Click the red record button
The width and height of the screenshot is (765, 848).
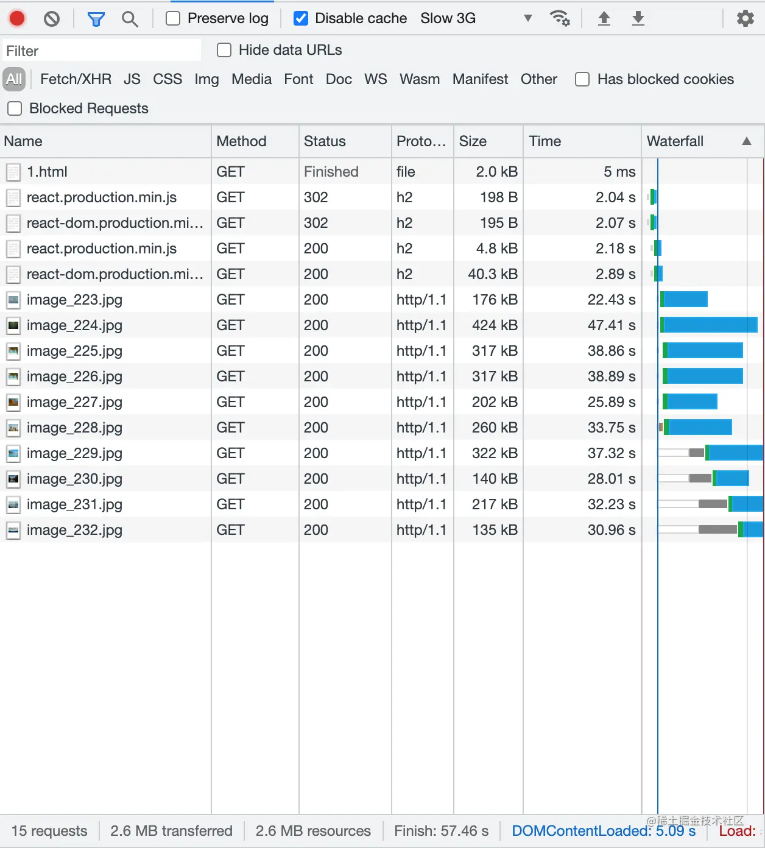[x=17, y=19]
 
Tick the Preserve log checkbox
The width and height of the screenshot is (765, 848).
[x=174, y=19]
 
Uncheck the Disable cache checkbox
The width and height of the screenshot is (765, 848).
[x=301, y=19]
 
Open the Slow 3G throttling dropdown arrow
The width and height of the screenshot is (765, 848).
[x=527, y=18]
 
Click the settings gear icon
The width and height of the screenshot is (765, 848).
[x=745, y=19]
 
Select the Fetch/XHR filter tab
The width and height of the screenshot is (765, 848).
[x=76, y=79]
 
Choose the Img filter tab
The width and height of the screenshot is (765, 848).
[x=206, y=79]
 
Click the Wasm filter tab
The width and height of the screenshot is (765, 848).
[x=419, y=79]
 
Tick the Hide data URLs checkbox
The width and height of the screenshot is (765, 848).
[x=224, y=50]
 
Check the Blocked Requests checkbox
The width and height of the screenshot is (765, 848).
[x=15, y=108]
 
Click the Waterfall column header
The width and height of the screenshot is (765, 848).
[x=675, y=141]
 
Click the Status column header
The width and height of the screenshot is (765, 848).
[x=325, y=141]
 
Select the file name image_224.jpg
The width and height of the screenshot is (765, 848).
[x=74, y=325]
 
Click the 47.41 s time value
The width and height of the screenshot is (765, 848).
[x=611, y=325]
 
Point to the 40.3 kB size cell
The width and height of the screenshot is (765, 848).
[x=492, y=274]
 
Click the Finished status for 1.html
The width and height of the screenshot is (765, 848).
[x=331, y=172]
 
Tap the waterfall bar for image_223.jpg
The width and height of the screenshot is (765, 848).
[x=684, y=300]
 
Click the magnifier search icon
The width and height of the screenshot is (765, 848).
[x=129, y=19]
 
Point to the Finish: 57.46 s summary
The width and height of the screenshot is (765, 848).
[x=441, y=831]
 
